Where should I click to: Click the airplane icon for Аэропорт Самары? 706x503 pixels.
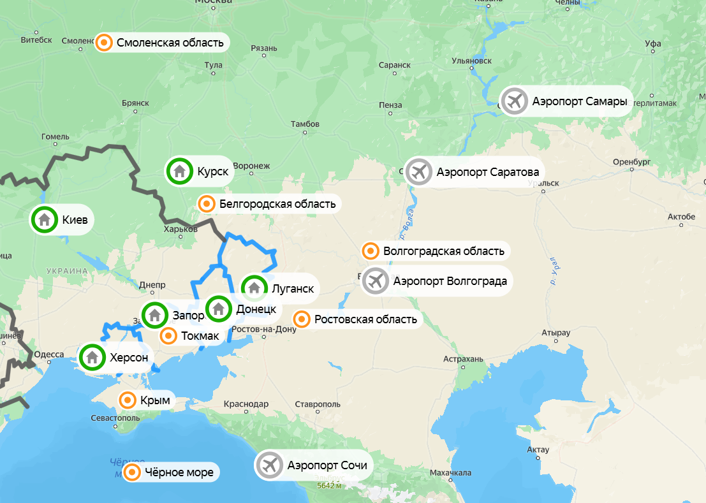pos(513,101)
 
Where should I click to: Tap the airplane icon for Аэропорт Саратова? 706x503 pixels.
pos(418,171)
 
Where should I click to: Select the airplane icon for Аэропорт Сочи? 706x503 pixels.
pos(269,465)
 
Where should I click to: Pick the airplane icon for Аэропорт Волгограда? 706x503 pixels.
pos(375,281)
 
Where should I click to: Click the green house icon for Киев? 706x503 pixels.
pos(45,220)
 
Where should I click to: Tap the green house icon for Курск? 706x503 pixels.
pos(179,171)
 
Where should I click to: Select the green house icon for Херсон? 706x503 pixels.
pos(92,357)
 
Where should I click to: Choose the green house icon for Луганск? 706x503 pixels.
pos(254,288)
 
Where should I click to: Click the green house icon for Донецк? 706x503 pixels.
pos(219,309)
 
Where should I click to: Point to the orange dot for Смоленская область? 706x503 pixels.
pos(103,43)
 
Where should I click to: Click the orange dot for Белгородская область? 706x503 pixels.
pos(206,203)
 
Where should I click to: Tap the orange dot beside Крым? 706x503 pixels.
pos(128,400)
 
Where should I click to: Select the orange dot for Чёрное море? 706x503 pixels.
pos(132,472)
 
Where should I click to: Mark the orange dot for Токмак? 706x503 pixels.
pos(168,335)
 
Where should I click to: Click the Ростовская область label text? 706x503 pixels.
pos(365,319)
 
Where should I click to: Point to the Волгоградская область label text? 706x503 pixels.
pos(444,251)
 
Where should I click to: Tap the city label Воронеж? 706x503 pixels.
pos(252,166)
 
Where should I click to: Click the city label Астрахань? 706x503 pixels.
pos(463,360)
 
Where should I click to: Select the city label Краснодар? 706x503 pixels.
pos(246,404)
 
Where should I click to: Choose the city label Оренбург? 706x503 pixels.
pos(631,161)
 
